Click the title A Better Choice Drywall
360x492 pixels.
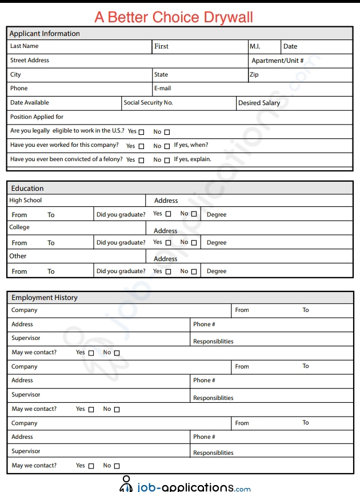pyautogui.click(x=174, y=17)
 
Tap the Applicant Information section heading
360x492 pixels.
pyautogui.click(x=45, y=34)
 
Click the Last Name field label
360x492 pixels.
pyautogui.click(x=25, y=46)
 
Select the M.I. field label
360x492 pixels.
pyautogui.click(x=255, y=46)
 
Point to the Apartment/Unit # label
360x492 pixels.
pyautogui.click(x=278, y=61)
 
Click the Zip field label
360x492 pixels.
pyautogui.click(x=254, y=75)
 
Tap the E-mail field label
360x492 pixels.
pyautogui.click(x=162, y=89)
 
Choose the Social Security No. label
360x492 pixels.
pyautogui.click(x=148, y=103)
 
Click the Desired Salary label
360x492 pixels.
pyautogui.click(x=259, y=103)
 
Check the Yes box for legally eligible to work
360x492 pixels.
pyautogui.click(x=142, y=132)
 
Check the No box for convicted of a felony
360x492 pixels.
pyautogui.click(x=167, y=161)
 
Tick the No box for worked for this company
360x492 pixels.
pyautogui.click(x=167, y=146)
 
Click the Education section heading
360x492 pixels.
pyautogui.click(x=27, y=189)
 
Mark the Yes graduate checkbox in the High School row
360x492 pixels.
pyautogui.click(x=168, y=214)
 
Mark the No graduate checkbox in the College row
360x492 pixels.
pyautogui.click(x=194, y=243)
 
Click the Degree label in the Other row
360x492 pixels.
pyautogui.click(x=217, y=271)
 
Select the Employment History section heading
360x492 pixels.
pyautogui.click(x=45, y=298)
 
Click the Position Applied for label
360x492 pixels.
pyautogui.click(x=37, y=117)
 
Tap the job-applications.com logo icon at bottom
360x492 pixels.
pyautogui.click(x=126, y=485)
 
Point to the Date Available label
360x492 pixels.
pyautogui.click(x=30, y=103)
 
